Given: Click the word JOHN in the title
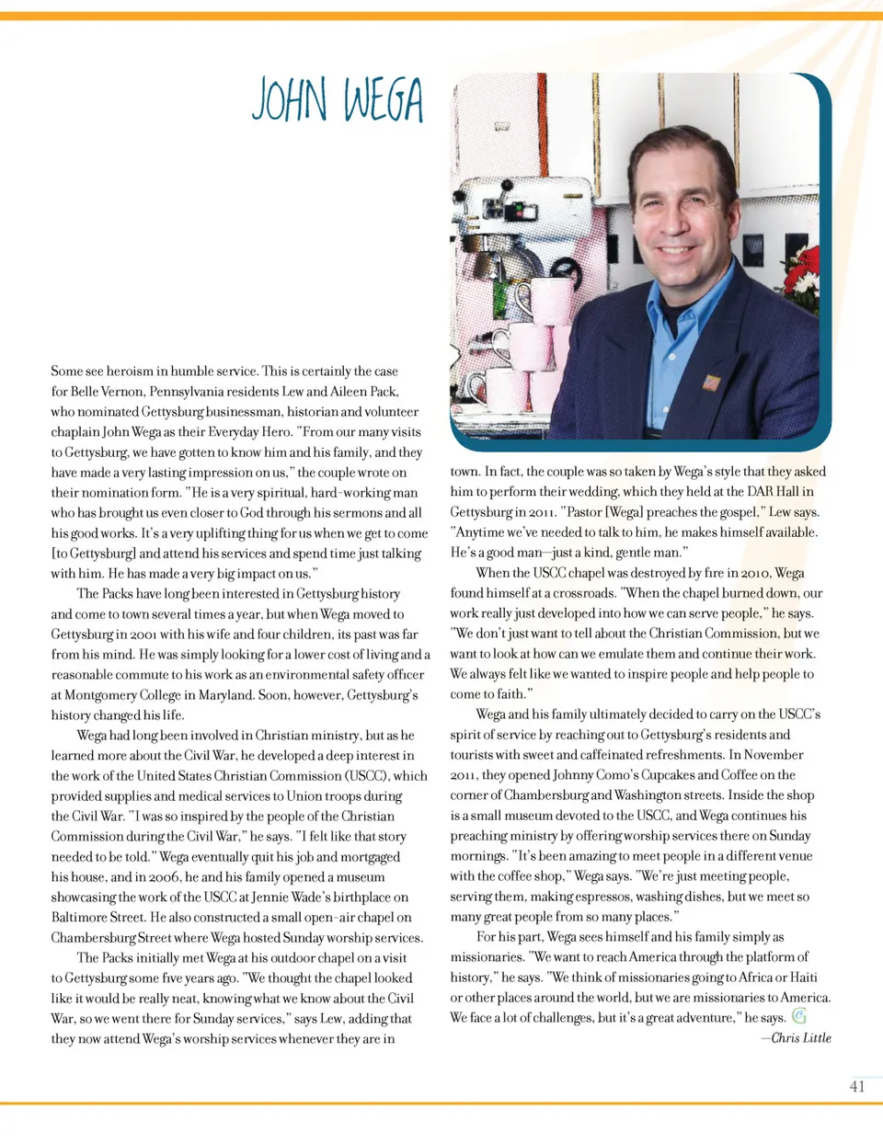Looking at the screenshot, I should tap(289, 100).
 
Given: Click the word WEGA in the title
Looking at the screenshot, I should tap(384, 100).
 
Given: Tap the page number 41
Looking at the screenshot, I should tap(857, 1086).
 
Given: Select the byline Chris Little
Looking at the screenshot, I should tap(800, 1037).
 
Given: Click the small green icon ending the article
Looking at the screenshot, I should tap(799, 1016).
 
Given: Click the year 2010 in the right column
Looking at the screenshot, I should tap(753, 573).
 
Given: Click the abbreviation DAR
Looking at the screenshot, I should tap(760, 492).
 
